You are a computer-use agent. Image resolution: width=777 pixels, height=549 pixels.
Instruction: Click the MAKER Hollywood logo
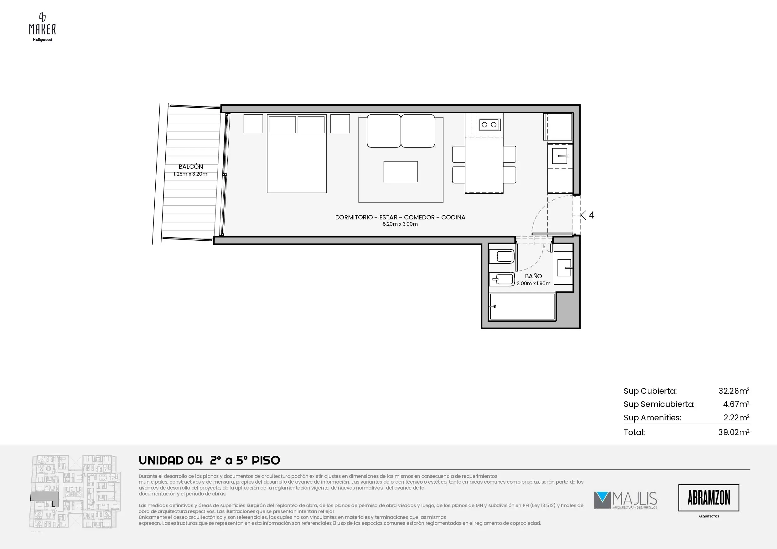point(42,27)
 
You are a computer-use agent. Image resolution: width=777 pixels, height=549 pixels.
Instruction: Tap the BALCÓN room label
point(191,167)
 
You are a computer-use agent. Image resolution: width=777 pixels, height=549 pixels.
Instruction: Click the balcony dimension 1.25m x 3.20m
point(190,174)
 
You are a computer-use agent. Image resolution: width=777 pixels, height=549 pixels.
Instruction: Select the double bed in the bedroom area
point(297,154)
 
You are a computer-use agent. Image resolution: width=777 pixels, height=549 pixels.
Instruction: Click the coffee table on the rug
point(400,172)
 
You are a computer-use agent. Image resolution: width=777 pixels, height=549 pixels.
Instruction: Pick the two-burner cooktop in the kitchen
point(489,125)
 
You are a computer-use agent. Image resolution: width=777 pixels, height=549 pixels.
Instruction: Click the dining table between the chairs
point(484,165)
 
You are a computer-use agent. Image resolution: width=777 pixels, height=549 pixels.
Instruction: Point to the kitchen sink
point(560,156)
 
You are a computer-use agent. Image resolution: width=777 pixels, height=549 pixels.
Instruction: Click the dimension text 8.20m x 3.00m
point(400,224)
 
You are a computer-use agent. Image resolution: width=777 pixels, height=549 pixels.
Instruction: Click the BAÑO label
point(533,276)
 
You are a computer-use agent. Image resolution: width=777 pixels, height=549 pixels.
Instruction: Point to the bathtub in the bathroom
point(522,306)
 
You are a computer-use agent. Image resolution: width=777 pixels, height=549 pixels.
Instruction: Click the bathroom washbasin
point(564,268)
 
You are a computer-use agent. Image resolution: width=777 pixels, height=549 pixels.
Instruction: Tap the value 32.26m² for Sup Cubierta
point(734,391)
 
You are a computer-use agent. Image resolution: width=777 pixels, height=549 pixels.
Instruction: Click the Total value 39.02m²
point(734,432)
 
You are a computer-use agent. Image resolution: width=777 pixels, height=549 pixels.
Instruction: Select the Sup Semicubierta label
point(659,404)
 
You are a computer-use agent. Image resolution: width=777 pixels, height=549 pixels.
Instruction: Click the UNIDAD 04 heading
point(171,460)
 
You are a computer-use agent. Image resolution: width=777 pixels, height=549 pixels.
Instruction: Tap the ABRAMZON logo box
point(709,498)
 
